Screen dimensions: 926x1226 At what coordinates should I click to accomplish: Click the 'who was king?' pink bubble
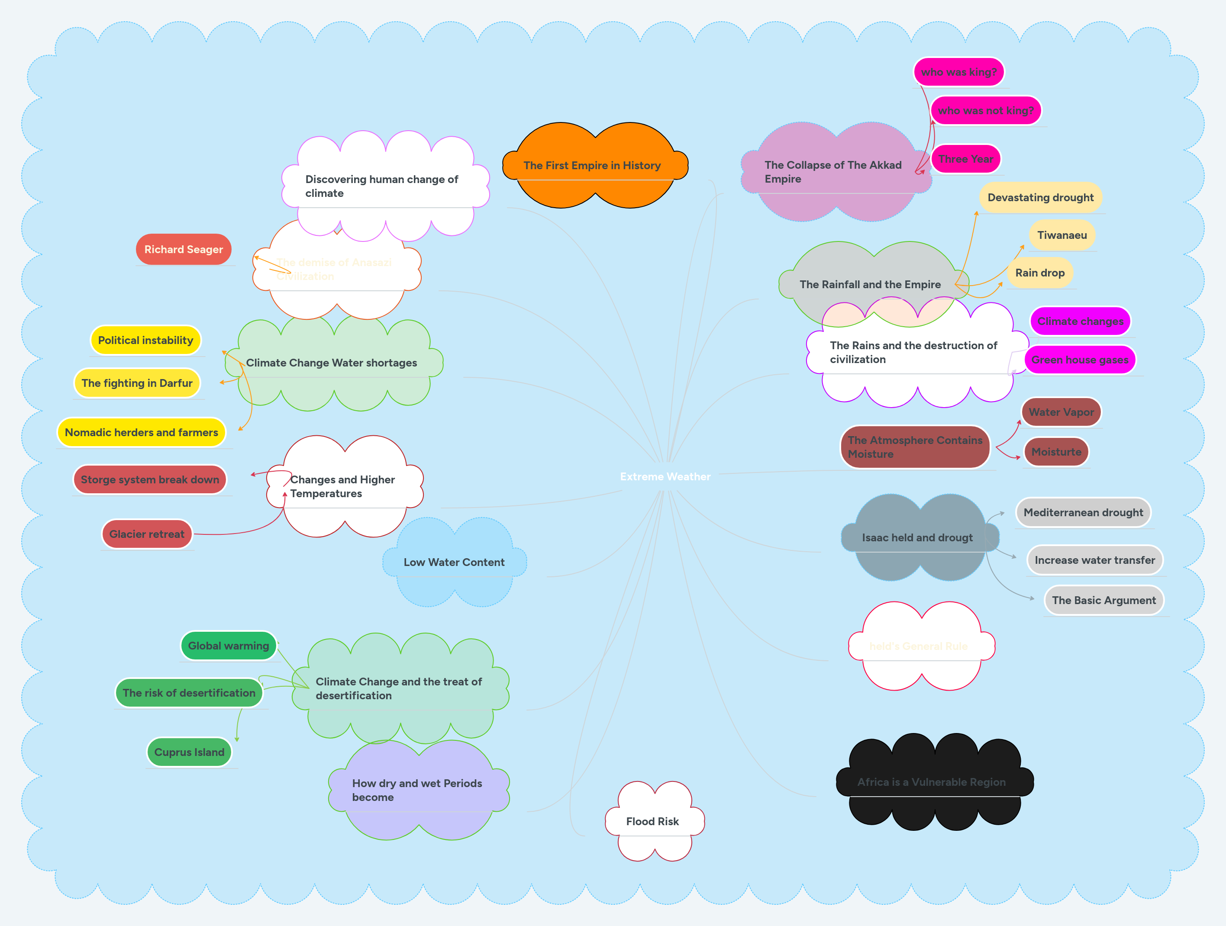click(958, 72)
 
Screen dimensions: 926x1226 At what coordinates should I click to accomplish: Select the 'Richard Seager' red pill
click(184, 249)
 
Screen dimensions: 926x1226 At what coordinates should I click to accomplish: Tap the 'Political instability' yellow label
click(145, 340)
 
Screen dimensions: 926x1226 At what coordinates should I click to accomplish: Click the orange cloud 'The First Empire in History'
click(592, 165)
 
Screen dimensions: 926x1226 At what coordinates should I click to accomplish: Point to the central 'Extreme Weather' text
click(665, 476)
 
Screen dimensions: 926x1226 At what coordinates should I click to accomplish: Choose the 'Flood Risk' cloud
click(652, 821)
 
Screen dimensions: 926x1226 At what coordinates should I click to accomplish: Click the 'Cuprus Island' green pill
click(189, 752)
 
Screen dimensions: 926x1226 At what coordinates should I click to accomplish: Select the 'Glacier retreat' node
click(147, 534)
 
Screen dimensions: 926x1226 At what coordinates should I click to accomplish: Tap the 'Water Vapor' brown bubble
click(1061, 412)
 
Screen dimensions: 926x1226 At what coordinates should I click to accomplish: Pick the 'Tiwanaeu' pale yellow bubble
click(1062, 235)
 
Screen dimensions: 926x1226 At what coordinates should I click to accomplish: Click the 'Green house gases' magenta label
click(1079, 360)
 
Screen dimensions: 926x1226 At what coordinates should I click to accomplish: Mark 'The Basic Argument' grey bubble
click(1103, 600)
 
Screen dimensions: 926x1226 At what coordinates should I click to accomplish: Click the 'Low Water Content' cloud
click(454, 562)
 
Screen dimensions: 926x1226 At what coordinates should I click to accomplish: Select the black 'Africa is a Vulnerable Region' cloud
click(931, 782)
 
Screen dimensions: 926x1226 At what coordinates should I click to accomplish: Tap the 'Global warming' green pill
click(228, 646)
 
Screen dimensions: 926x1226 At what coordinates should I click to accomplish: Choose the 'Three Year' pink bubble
click(965, 159)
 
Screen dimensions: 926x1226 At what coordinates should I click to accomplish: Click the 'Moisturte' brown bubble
click(1056, 452)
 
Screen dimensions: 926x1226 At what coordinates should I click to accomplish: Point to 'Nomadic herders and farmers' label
click(141, 432)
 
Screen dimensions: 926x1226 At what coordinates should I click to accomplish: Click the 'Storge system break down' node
click(150, 480)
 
